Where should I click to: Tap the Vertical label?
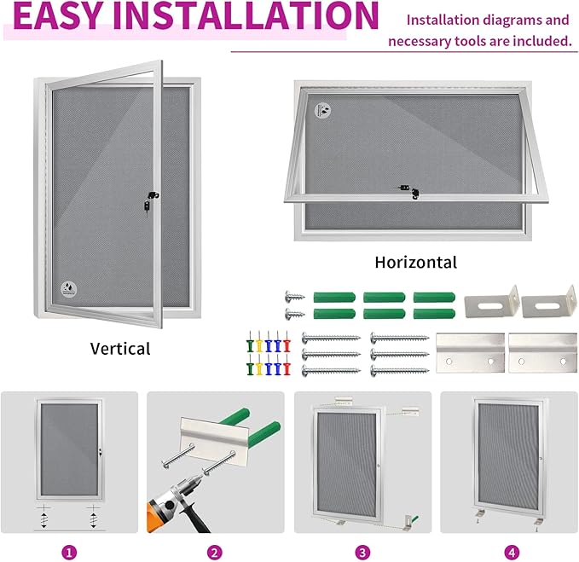coord(120,348)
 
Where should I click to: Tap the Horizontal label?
coord(415,262)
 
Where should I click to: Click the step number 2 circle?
coord(216,552)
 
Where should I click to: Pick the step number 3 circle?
coord(363,552)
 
